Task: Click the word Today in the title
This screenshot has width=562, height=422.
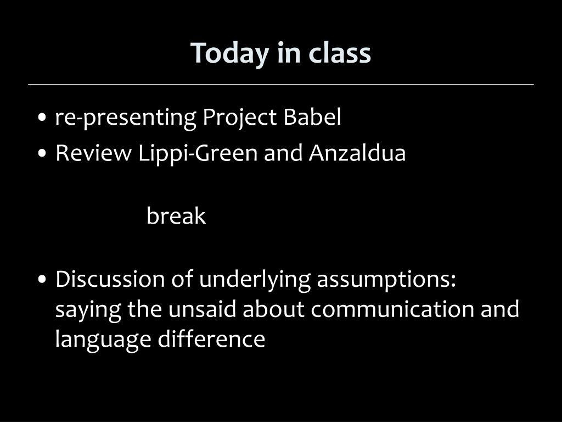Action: (229, 54)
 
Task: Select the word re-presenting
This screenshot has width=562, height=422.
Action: (126, 118)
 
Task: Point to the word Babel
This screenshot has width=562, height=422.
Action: (312, 116)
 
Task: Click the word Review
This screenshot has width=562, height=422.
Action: (93, 153)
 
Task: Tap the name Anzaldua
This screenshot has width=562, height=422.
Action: (357, 153)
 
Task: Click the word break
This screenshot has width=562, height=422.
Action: (176, 215)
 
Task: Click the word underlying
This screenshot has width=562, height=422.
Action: (255, 280)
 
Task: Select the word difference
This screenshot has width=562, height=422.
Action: (211, 338)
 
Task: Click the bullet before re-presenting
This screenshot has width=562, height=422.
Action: (42, 118)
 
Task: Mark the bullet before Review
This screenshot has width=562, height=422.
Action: (42, 154)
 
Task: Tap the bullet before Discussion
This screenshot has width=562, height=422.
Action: (42, 280)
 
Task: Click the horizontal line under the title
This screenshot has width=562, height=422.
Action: (281, 85)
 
